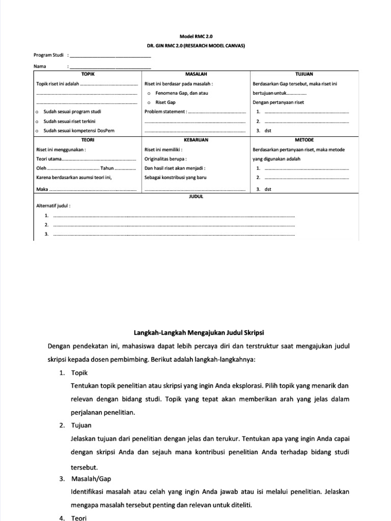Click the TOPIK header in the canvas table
pyautogui.click(x=88, y=74)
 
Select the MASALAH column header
pyautogui.click(x=195, y=74)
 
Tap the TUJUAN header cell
pyautogui.click(x=304, y=74)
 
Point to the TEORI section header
pyautogui.click(x=88, y=139)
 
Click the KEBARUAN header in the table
pyautogui.click(x=195, y=139)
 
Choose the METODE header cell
pyautogui.click(x=304, y=139)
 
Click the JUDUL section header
pyautogui.click(x=196, y=196)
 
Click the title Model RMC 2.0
pyautogui.click(x=195, y=37)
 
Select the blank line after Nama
pyautogui.click(x=109, y=67)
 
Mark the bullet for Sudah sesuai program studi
pyautogui.click(x=37, y=112)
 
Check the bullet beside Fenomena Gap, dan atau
pyautogui.click(x=148, y=94)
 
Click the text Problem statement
pyautogui.click(x=165, y=112)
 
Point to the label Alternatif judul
pyautogui.click(x=53, y=206)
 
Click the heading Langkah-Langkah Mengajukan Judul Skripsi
pyautogui.click(x=199, y=333)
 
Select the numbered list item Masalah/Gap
pyautogui.click(x=91, y=479)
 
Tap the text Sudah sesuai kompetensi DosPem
pyautogui.click(x=79, y=131)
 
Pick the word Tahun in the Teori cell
pyautogui.click(x=107, y=168)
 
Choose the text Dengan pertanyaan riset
pyautogui.click(x=278, y=103)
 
